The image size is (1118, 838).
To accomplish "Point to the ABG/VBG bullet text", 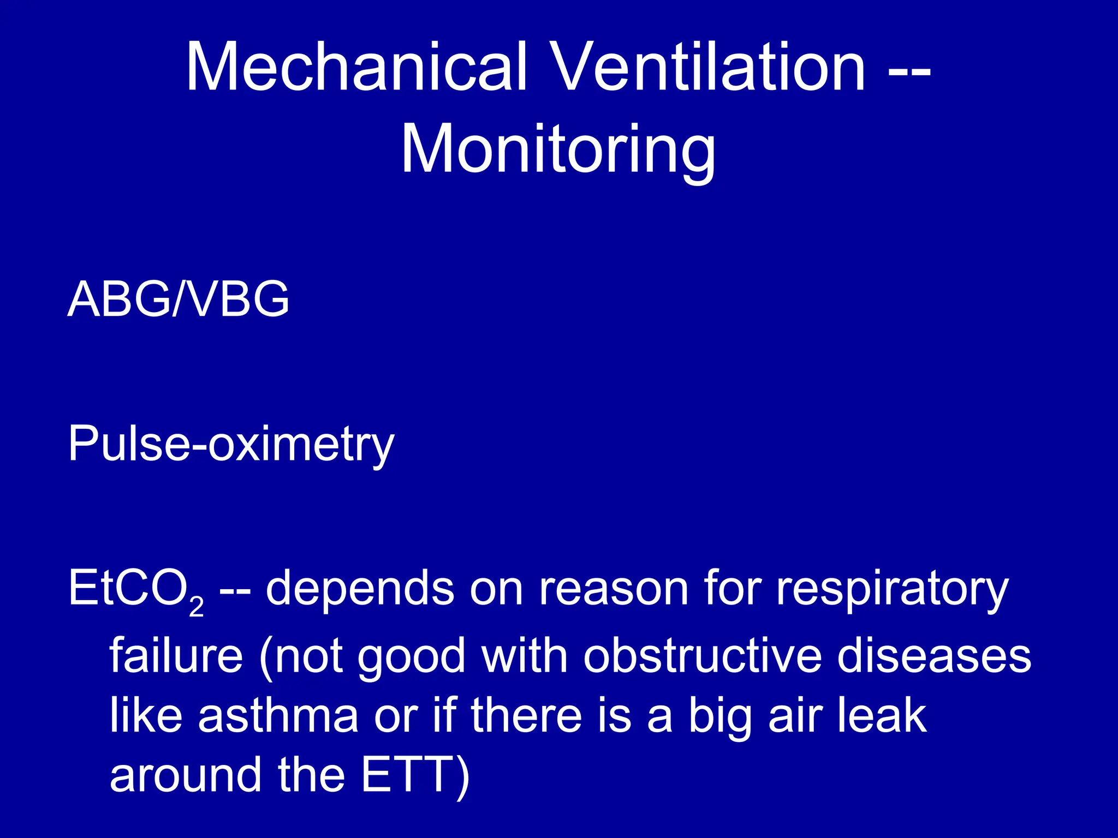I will (x=179, y=299).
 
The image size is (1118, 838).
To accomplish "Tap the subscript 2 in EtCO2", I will (x=197, y=606).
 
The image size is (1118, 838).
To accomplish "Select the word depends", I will (x=360, y=589).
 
